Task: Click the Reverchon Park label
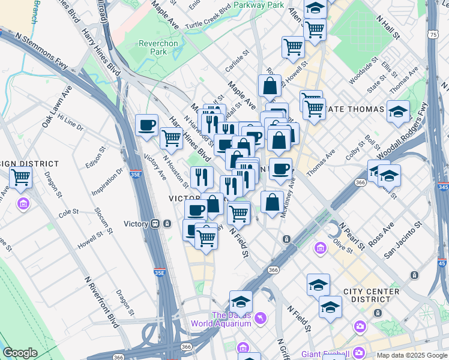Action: [158, 47]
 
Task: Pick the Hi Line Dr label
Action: [70, 124]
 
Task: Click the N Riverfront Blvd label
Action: [101, 303]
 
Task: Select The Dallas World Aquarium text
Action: [221, 320]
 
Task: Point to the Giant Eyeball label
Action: [324, 353]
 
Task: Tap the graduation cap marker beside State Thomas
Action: [397, 112]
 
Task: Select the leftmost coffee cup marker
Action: [147, 125]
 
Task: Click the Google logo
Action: [20, 353]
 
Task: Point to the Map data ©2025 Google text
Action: [411, 355]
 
